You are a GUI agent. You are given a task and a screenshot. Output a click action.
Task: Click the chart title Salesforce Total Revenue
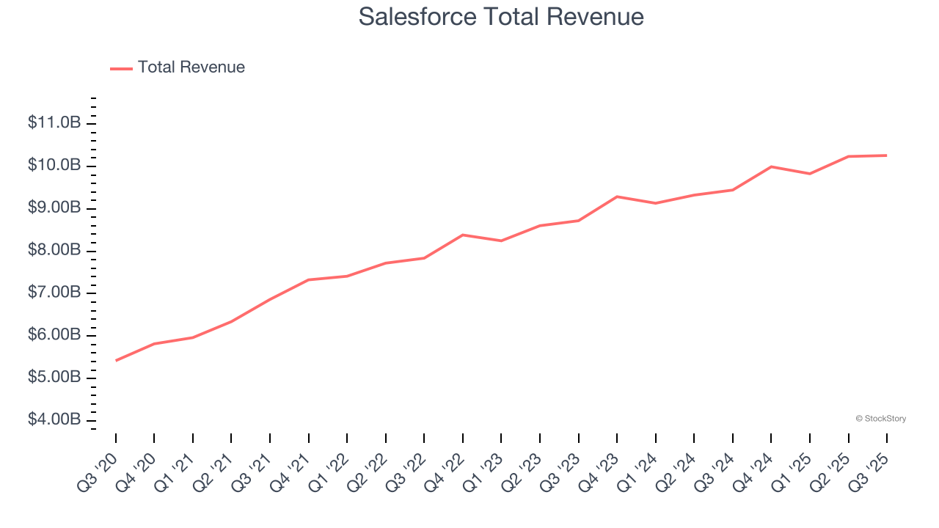[x=501, y=17]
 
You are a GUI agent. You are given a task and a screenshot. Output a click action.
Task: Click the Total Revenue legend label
[x=191, y=67]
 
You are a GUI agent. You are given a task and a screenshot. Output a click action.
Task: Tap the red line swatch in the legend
[x=121, y=68]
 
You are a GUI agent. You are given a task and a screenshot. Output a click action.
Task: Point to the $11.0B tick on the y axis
[x=54, y=123]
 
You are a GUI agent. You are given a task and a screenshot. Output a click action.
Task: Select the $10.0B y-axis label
[x=54, y=166]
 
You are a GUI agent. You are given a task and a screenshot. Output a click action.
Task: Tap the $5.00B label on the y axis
[x=54, y=378]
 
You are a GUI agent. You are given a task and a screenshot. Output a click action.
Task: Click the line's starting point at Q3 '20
[x=116, y=360]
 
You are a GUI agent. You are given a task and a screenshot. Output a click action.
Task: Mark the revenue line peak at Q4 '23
[x=617, y=197]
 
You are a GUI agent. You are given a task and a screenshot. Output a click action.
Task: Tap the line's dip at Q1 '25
[x=810, y=174]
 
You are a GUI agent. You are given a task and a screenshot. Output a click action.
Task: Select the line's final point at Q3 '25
[x=887, y=155]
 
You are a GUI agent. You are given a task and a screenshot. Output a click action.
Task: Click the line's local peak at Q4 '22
[x=463, y=235]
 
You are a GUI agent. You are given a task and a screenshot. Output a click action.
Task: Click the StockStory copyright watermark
[x=880, y=419]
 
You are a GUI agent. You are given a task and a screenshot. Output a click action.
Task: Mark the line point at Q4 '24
[x=771, y=166]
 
